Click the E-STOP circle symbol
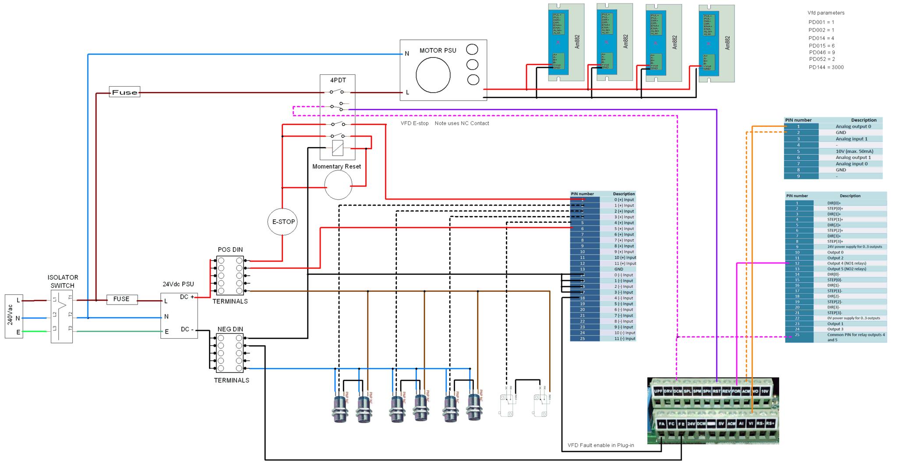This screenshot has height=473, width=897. (x=283, y=222)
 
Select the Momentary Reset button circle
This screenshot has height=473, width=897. (x=338, y=185)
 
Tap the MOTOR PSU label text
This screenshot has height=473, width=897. (x=438, y=50)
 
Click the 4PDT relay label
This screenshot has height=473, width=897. (x=338, y=81)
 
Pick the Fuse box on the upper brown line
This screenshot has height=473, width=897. (x=124, y=92)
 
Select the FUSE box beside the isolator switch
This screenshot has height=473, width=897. (x=122, y=299)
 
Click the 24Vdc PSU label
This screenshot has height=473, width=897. (x=178, y=284)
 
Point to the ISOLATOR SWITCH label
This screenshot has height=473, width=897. (x=63, y=281)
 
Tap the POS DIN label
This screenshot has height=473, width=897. (x=230, y=250)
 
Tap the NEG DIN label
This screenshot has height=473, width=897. (x=230, y=329)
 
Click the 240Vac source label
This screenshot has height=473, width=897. (x=10, y=316)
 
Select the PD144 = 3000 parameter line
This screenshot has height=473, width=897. (x=826, y=67)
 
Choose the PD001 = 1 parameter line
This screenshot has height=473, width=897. (x=821, y=22)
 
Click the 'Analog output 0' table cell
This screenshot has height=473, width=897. (x=853, y=126)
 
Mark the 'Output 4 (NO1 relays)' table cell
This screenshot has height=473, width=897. (x=846, y=263)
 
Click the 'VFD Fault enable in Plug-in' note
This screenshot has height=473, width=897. (x=600, y=445)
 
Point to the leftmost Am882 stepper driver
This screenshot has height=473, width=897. (x=566, y=42)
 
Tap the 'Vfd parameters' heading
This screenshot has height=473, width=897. (x=826, y=13)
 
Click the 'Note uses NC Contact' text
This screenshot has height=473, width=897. (x=462, y=123)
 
